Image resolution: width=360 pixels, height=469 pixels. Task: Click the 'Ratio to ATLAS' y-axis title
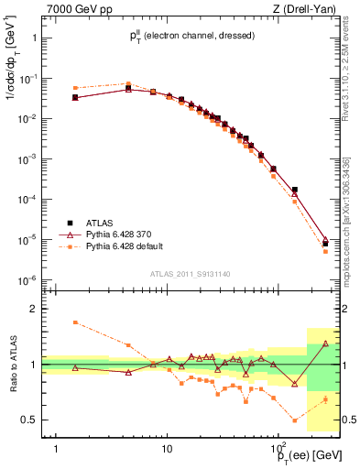coord(13,365)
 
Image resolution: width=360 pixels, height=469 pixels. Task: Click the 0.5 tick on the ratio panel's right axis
coord(349,420)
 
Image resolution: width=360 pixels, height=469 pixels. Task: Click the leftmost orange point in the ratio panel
coord(75,322)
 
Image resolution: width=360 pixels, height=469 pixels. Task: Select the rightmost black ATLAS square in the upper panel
coord(325,244)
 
